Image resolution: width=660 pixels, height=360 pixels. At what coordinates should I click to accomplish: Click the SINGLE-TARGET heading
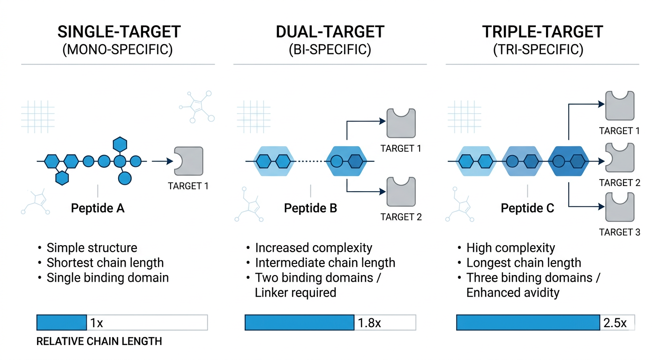119,32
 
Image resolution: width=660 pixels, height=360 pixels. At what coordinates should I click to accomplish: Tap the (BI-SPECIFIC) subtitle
330,49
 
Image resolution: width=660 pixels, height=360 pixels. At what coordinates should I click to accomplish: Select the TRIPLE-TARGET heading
542,32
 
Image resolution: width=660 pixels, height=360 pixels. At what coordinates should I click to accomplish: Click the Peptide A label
97,208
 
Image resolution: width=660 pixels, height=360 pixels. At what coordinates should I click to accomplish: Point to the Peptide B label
310,208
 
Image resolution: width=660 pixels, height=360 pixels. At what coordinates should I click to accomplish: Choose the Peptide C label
527,208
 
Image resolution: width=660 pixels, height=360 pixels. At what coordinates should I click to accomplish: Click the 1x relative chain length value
97,323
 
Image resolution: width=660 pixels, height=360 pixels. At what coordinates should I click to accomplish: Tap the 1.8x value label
369,323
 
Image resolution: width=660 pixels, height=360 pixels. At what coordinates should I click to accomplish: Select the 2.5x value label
615,323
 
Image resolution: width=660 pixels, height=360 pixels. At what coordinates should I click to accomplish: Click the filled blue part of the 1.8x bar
300,322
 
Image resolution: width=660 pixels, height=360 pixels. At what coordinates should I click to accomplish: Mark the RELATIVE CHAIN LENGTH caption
99,341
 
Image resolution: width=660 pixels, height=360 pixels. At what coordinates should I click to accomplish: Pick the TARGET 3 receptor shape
620,207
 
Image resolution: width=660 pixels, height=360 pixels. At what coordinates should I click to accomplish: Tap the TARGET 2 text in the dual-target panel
401,217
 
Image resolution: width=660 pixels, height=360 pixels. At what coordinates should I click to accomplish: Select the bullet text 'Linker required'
295,292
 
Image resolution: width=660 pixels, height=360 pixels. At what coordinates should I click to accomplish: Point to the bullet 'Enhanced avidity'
513,292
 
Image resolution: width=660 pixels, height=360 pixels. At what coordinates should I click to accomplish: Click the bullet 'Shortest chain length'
105,262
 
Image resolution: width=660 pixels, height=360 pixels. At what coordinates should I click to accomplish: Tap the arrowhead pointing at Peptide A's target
170,161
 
